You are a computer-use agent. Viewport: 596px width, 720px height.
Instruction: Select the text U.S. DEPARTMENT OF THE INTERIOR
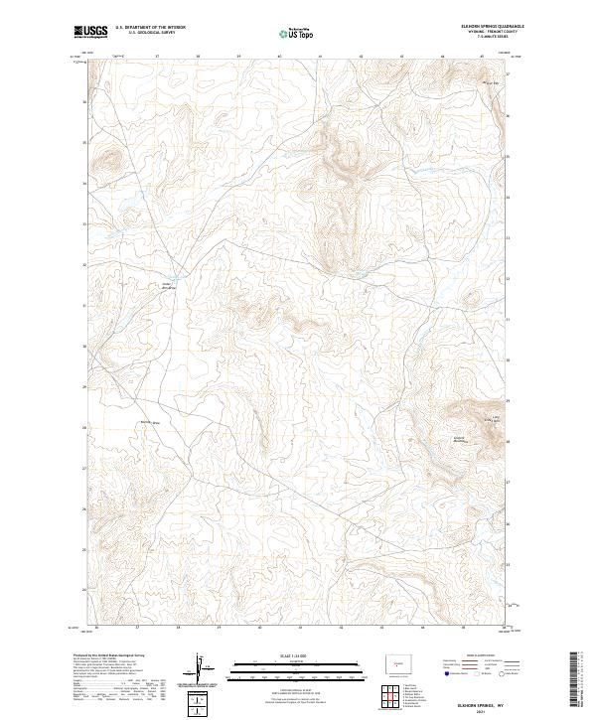click(150, 27)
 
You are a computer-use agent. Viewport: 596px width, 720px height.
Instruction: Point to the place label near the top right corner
click(489, 82)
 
